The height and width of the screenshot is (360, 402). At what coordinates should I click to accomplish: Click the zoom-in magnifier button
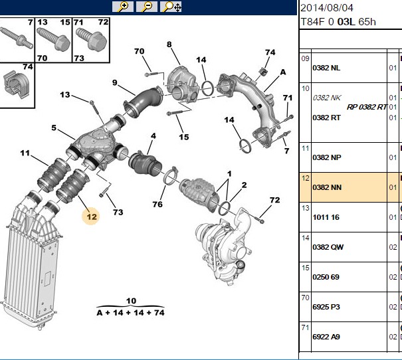[123, 7]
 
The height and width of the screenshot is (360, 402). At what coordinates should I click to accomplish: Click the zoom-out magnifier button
[147, 7]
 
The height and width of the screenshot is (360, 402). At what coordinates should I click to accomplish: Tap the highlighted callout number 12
[92, 217]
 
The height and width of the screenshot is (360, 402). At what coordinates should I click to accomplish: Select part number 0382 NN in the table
[327, 187]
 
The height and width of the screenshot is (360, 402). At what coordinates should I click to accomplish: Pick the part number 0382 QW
[328, 247]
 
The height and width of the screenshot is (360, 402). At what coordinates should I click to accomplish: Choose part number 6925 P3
[326, 307]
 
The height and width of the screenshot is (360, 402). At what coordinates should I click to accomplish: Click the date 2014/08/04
[327, 8]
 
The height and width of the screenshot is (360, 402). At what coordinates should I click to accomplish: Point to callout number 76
[157, 204]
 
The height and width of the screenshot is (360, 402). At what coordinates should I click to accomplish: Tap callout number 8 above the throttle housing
[169, 45]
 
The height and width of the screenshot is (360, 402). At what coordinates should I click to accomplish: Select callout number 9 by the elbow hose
[114, 82]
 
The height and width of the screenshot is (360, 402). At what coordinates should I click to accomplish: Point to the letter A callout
[283, 72]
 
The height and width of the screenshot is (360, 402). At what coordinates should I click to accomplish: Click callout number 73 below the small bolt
[118, 212]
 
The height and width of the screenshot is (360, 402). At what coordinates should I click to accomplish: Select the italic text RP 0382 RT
[367, 107]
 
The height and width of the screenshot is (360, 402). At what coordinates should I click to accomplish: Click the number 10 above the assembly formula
[131, 301]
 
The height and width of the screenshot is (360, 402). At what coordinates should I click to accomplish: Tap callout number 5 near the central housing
[54, 128]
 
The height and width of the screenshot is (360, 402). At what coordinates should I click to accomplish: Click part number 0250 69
[326, 277]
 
